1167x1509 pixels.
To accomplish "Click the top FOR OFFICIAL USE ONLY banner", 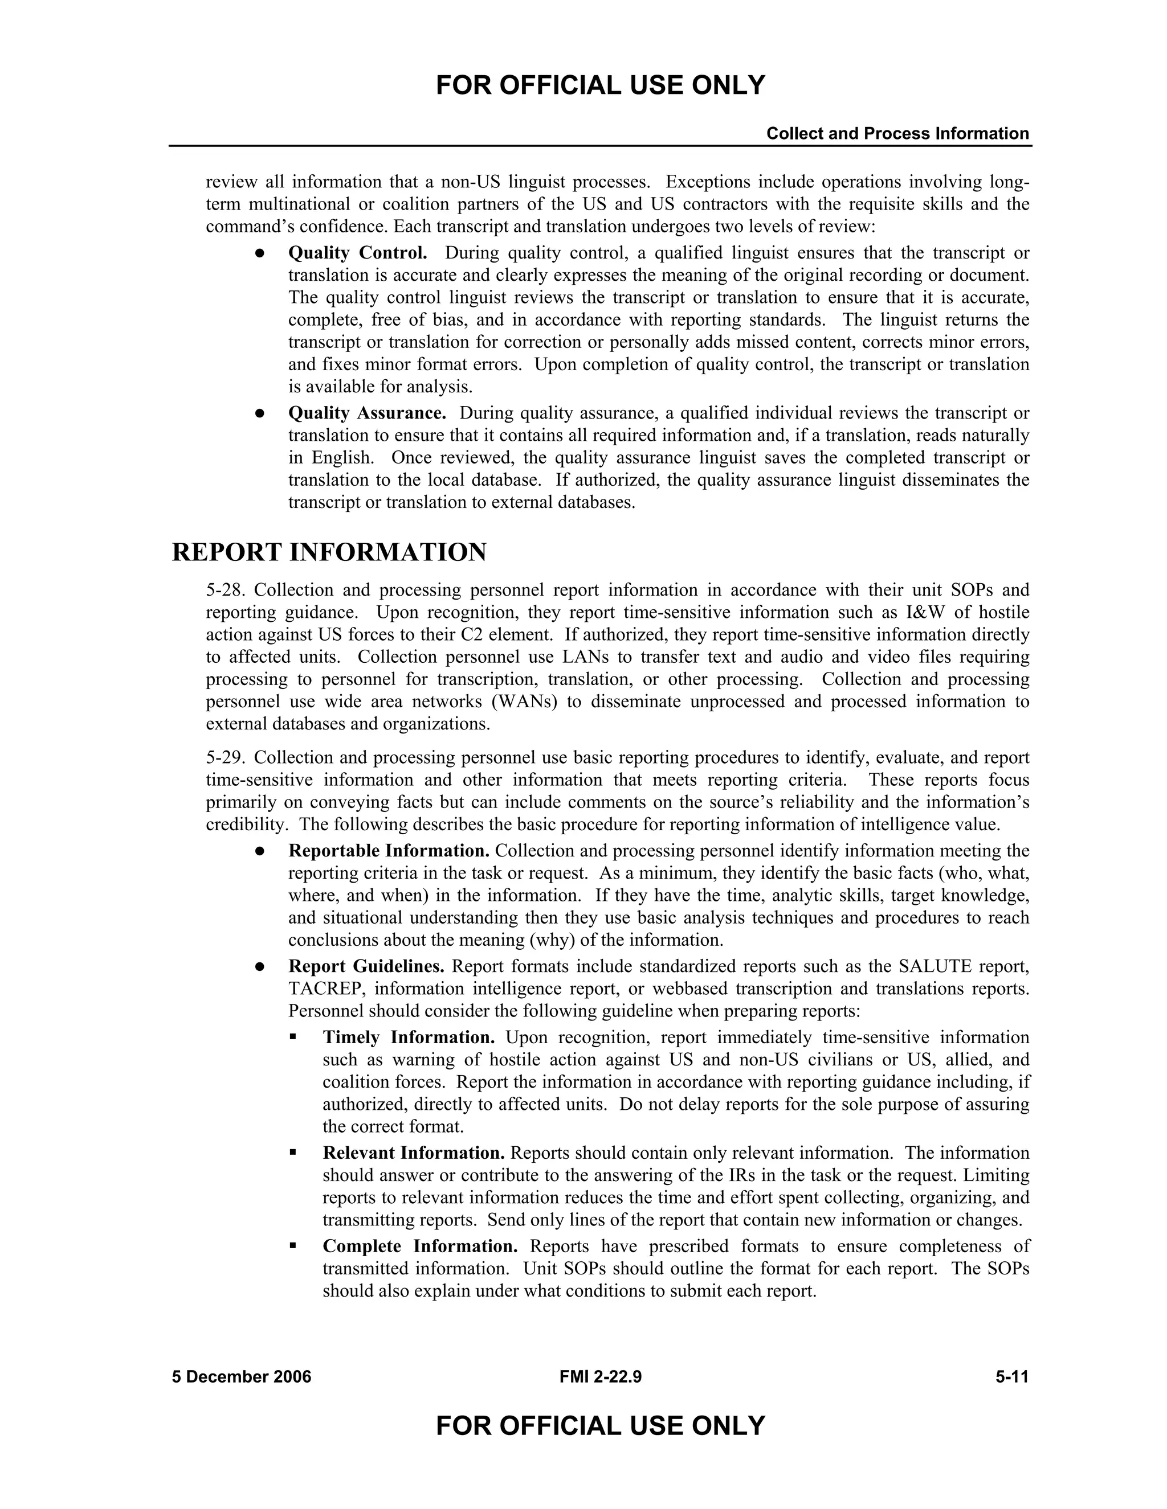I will click(600, 85).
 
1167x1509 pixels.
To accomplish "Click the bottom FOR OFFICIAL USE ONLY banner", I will click(600, 1425).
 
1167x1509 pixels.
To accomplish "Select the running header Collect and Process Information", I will click(897, 133).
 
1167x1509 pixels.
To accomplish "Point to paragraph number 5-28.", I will click(226, 590).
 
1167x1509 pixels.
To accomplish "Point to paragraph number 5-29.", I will click(226, 758).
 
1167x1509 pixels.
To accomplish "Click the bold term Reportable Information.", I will click(389, 851).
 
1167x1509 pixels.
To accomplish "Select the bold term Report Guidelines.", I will click(366, 966).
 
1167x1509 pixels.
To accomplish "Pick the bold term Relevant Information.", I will click(414, 1153).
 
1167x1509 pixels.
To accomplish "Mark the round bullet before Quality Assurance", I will click(260, 413).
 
